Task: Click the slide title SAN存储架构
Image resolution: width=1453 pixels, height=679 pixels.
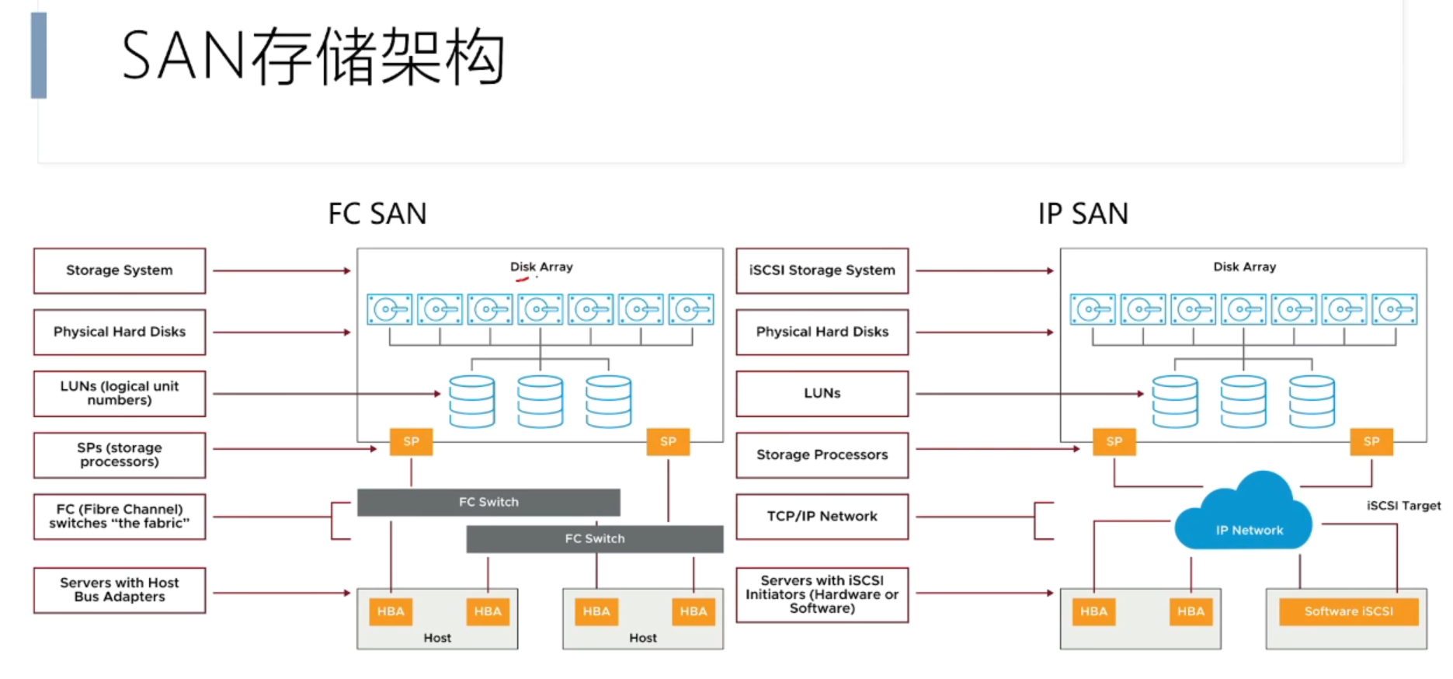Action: click(313, 56)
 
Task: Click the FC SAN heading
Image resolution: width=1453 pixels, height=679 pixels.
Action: click(377, 214)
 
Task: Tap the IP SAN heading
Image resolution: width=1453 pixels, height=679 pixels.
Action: click(1083, 214)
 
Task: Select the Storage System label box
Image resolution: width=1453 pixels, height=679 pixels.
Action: click(120, 270)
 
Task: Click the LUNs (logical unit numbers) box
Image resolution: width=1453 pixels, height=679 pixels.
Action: click(120, 393)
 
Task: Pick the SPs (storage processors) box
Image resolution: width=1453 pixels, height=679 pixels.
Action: click(120, 454)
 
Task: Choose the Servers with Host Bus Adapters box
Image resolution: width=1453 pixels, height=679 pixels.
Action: click(120, 590)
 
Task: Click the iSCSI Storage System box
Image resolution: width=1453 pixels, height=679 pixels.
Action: click(822, 270)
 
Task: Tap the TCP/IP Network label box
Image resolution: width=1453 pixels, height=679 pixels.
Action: click(822, 517)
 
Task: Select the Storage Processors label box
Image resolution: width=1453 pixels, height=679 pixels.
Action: click(822, 454)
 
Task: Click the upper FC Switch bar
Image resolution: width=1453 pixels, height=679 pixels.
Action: click(488, 502)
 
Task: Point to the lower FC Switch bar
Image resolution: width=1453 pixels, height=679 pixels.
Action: click(595, 538)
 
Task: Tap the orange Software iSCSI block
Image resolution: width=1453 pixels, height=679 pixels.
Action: click(1349, 611)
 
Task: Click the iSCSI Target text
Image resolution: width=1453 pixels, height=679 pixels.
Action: click(1404, 506)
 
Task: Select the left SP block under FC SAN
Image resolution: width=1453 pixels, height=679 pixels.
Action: click(411, 441)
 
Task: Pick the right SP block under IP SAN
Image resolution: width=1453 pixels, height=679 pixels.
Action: click(1371, 441)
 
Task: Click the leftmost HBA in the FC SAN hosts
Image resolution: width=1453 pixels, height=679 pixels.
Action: click(391, 611)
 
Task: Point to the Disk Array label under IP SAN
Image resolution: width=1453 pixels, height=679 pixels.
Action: click(1245, 266)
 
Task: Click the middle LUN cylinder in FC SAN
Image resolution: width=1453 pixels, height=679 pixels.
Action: click(541, 402)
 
